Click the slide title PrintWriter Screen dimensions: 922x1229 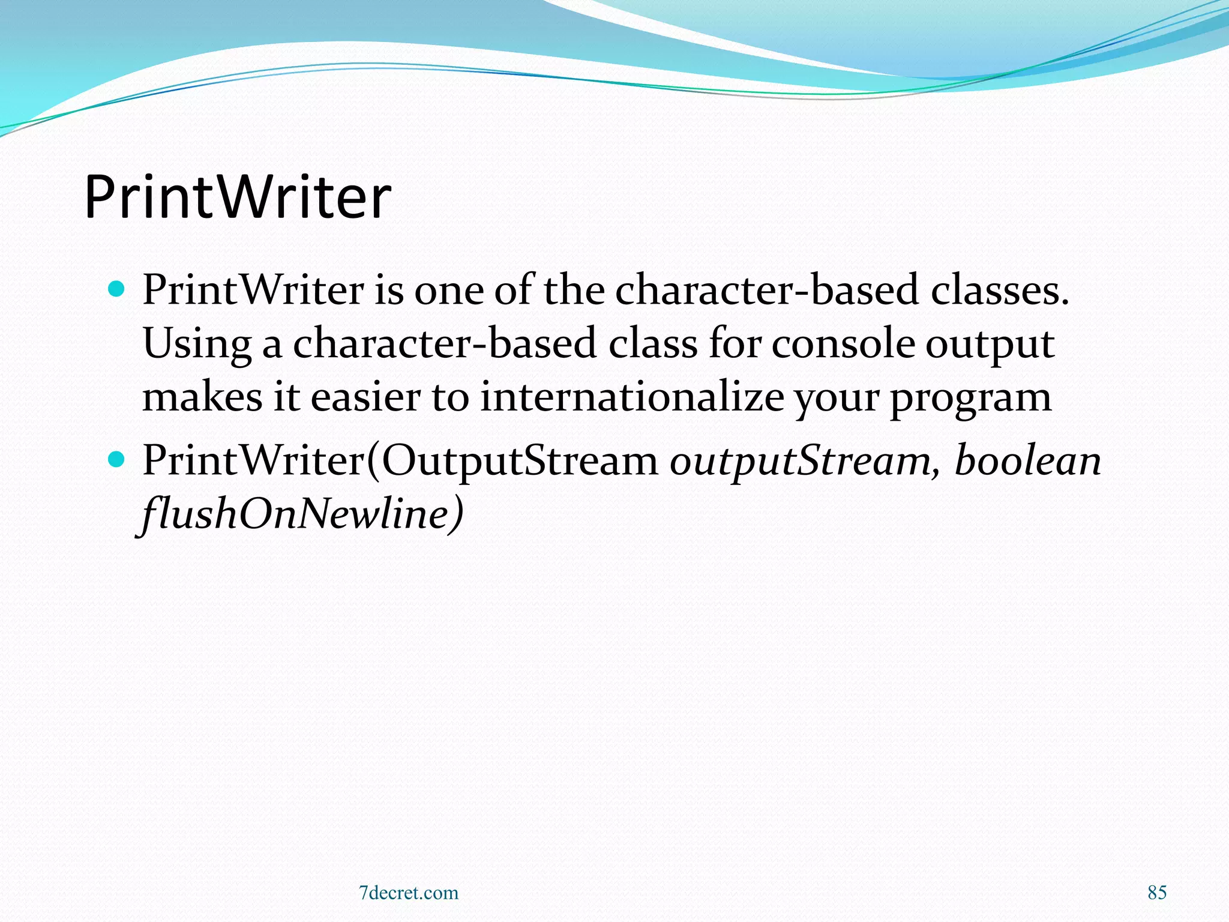238,197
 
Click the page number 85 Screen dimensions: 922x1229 1156,893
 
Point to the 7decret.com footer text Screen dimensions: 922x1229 408,893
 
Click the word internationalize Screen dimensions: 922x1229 631,397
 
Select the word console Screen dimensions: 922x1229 843,344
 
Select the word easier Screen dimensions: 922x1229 365,397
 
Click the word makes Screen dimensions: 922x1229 202,397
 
